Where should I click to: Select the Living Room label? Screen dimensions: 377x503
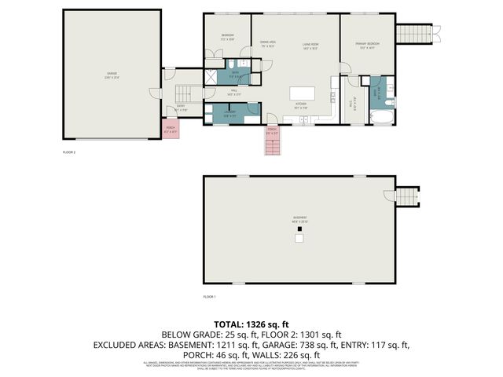click(310, 46)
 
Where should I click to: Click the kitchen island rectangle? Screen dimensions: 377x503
click(302, 93)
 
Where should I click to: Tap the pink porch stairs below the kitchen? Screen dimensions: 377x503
click(273, 141)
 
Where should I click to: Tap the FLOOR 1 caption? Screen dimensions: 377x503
click(209, 297)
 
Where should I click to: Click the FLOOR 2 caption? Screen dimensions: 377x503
click(69, 152)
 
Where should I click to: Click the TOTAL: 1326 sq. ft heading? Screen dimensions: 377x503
click(251, 324)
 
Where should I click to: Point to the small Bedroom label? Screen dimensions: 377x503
click(227, 37)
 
